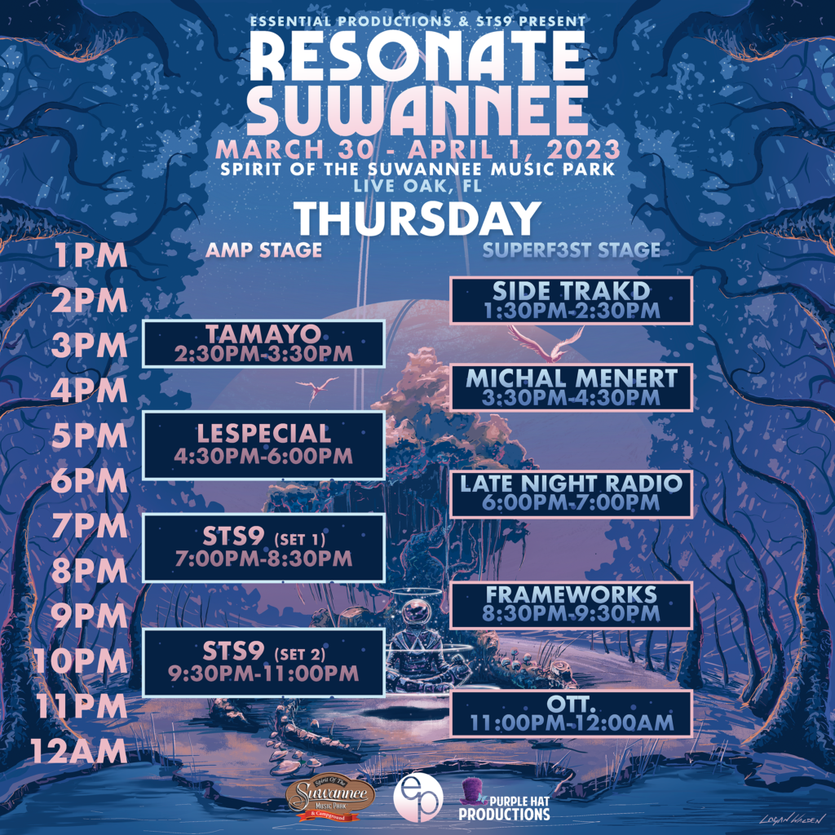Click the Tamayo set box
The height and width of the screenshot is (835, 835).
263,343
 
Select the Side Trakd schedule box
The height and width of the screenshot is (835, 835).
572,300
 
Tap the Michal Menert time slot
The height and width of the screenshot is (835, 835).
572,387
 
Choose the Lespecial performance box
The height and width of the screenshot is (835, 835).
263,445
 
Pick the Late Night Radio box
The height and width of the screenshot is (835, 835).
572,493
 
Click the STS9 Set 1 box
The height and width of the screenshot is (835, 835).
263,548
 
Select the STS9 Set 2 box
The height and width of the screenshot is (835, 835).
263,662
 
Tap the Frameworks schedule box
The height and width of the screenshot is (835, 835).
572,605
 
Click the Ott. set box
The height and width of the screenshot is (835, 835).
572,714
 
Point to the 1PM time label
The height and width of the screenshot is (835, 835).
91,255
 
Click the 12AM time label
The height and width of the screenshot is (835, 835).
79,751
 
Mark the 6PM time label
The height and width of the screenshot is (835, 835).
90,481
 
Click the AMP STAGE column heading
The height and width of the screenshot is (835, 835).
263,250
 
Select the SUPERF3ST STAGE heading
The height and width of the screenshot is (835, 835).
572,250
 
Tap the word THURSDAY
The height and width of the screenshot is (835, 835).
417,219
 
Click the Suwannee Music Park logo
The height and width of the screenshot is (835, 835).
330,799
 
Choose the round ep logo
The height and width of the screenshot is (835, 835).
418,798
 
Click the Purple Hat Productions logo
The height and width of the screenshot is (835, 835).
504,801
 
